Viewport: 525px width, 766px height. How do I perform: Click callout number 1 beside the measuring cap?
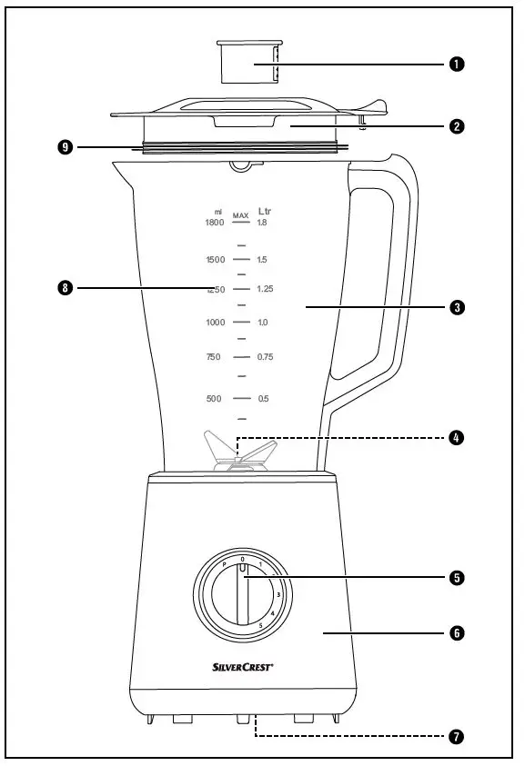(x=456, y=65)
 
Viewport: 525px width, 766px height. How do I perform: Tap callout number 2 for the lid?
(x=456, y=126)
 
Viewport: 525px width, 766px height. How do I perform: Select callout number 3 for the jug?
(x=456, y=308)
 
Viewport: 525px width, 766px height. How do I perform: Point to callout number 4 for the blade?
(x=456, y=438)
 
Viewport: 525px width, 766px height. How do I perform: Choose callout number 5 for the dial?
(x=456, y=577)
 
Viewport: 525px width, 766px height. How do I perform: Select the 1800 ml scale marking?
(x=214, y=222)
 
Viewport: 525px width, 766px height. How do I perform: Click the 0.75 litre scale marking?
(x=265, y=357)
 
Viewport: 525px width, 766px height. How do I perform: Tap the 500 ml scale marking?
(x=214, y=399)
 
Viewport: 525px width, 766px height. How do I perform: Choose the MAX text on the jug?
(x=240, y=216)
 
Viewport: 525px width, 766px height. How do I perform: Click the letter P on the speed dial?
(x=224, y=564)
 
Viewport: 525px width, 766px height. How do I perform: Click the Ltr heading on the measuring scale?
(x=264, y=211)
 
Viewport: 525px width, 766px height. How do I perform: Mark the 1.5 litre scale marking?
(x=262, y=260)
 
